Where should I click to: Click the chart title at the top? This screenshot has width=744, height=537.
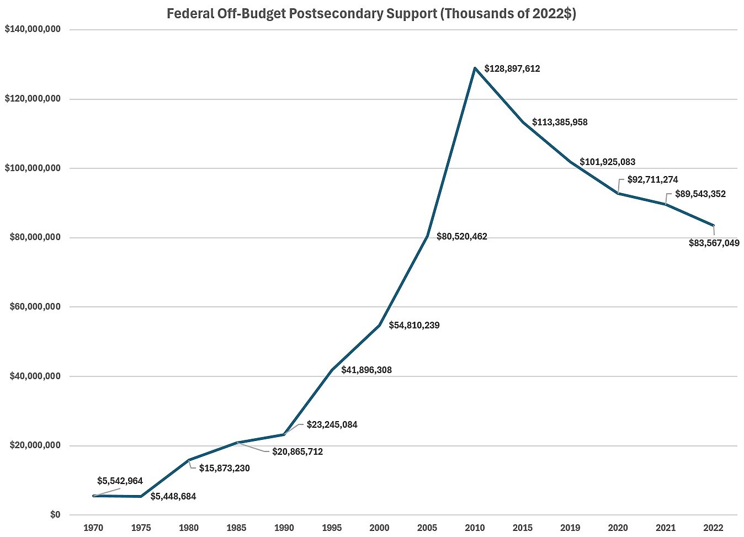point(371,14)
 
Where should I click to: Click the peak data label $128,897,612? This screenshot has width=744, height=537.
point(512,69)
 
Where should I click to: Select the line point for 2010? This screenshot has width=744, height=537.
point(475,68)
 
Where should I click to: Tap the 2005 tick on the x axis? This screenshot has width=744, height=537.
point(427,528)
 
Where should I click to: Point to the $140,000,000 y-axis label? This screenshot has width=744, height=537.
point(33,29)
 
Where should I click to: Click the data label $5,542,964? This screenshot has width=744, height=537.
point(120,481)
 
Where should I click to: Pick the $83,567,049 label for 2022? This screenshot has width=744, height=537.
point(714,243)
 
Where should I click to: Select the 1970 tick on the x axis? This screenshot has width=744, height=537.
point(93,528)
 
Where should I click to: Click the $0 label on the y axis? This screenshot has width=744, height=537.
point(55,515)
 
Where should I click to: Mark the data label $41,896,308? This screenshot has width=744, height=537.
point(366,370)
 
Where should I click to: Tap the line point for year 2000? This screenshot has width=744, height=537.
point(380,325)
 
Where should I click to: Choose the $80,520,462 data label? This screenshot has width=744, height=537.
point(461,237)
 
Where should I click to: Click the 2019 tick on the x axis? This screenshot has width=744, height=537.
point(570,528)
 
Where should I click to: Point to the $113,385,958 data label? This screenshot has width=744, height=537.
point(560,123)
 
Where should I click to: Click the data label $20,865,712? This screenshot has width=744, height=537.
point(297,452)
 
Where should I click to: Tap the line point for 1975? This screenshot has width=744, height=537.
point(141,496)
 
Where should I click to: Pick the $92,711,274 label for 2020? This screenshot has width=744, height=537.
point(652,180)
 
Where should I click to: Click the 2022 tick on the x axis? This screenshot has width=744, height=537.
point(713,528)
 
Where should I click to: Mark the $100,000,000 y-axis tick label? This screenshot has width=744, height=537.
point(33,168)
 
